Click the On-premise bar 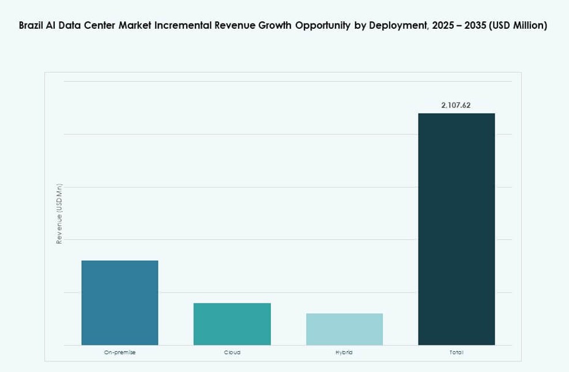tap(119, 302)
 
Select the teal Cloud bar tap(232, 324)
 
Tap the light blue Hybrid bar tap(344, 329)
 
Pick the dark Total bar tap(456, 229)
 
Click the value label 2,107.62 tap(456, 105)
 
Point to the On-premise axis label tap(119, 352)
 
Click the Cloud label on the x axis tap(232, 352)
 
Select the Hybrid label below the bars tap(344, 352)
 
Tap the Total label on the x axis tap(456, 352)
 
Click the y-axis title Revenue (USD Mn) tap(59, 214)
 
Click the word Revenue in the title tap(232, 26)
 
